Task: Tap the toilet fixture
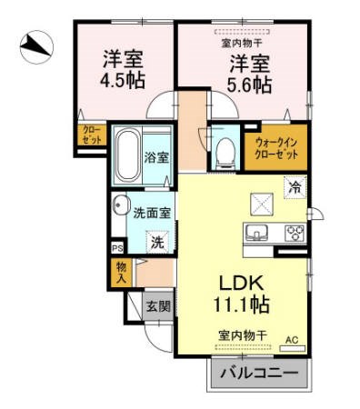[x=225, y=152]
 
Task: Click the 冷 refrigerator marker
[x=295, y=187]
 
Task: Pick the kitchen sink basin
[x=255, y=232]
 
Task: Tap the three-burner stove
[x=294, y=232]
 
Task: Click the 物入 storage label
[x=122, y=270]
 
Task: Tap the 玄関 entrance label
[x=157, y=306]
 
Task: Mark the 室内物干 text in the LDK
[x=240, y=335]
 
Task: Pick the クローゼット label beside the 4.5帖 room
[x=92, y=136]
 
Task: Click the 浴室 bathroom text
[x=156, y=157]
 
